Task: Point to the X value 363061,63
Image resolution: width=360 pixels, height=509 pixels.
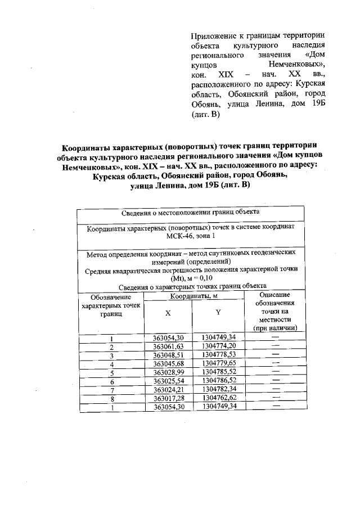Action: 169,346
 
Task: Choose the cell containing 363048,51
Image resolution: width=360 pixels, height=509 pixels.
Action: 169,355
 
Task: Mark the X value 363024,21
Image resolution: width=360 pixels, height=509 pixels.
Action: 169,389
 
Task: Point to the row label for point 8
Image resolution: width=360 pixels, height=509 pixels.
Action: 111,398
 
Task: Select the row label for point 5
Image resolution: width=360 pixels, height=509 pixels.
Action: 111,372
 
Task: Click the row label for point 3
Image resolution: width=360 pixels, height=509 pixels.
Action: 111,355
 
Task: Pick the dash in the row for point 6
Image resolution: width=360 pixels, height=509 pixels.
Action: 276,380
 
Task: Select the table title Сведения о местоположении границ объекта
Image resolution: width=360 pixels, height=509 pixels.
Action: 191,213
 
